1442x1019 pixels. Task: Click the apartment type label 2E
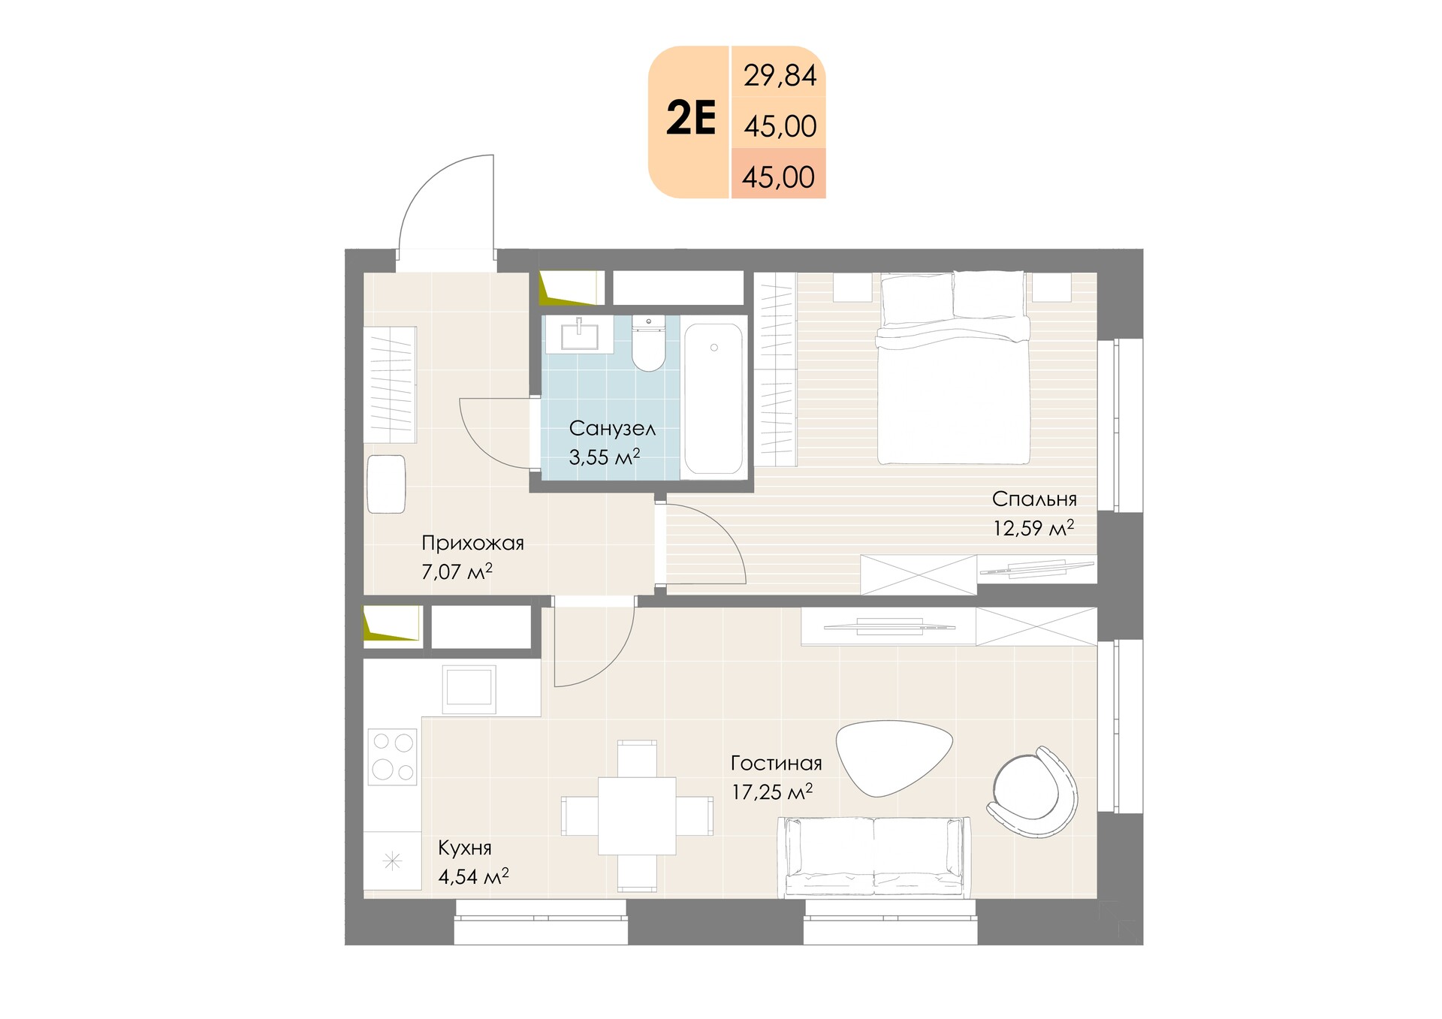click(691, 118)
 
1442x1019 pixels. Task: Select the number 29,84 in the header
click(780, 76)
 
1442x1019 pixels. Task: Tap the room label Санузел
click(612, 429)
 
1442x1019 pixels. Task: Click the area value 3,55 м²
click(605, 457)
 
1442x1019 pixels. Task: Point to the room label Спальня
click(1034, 499)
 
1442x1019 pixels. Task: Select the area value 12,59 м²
click(1033, 528)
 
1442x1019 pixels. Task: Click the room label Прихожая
click(472, 543)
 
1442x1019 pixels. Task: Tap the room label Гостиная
click(776, 764)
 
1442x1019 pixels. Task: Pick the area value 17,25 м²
click(772, 791)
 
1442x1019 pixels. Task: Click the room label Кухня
click(465, 849)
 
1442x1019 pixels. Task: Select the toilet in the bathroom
click(649, 343)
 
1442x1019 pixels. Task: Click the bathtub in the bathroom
click(713, 398)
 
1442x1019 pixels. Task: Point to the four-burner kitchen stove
click(392, 757)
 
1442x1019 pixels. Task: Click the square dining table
click(637, 816)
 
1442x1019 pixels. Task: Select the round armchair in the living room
click(1035, 791)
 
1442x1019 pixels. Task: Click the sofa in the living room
click(873, 857)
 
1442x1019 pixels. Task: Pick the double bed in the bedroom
click(953, 368)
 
